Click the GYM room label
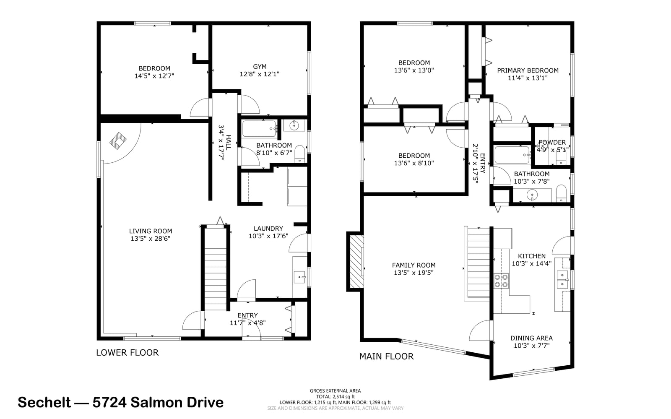click(260, 67)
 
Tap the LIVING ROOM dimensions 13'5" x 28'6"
click(151, 239)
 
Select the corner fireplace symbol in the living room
click(118, 141)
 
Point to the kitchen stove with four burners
click(501, 281)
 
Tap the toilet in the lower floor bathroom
click(300, 154)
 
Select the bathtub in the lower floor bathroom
click(260, 128)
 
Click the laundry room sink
click(299, 277)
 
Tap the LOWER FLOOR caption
click(127, 353)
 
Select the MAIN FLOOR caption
click(386, 357)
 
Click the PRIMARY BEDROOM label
click(528, 70)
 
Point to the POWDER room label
click(552, 142)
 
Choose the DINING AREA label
click(531, 338)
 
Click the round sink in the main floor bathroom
click(532, 195)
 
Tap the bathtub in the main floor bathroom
click(512, 154)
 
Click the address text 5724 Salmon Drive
click(158, 402)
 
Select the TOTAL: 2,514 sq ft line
click(335, 396)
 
